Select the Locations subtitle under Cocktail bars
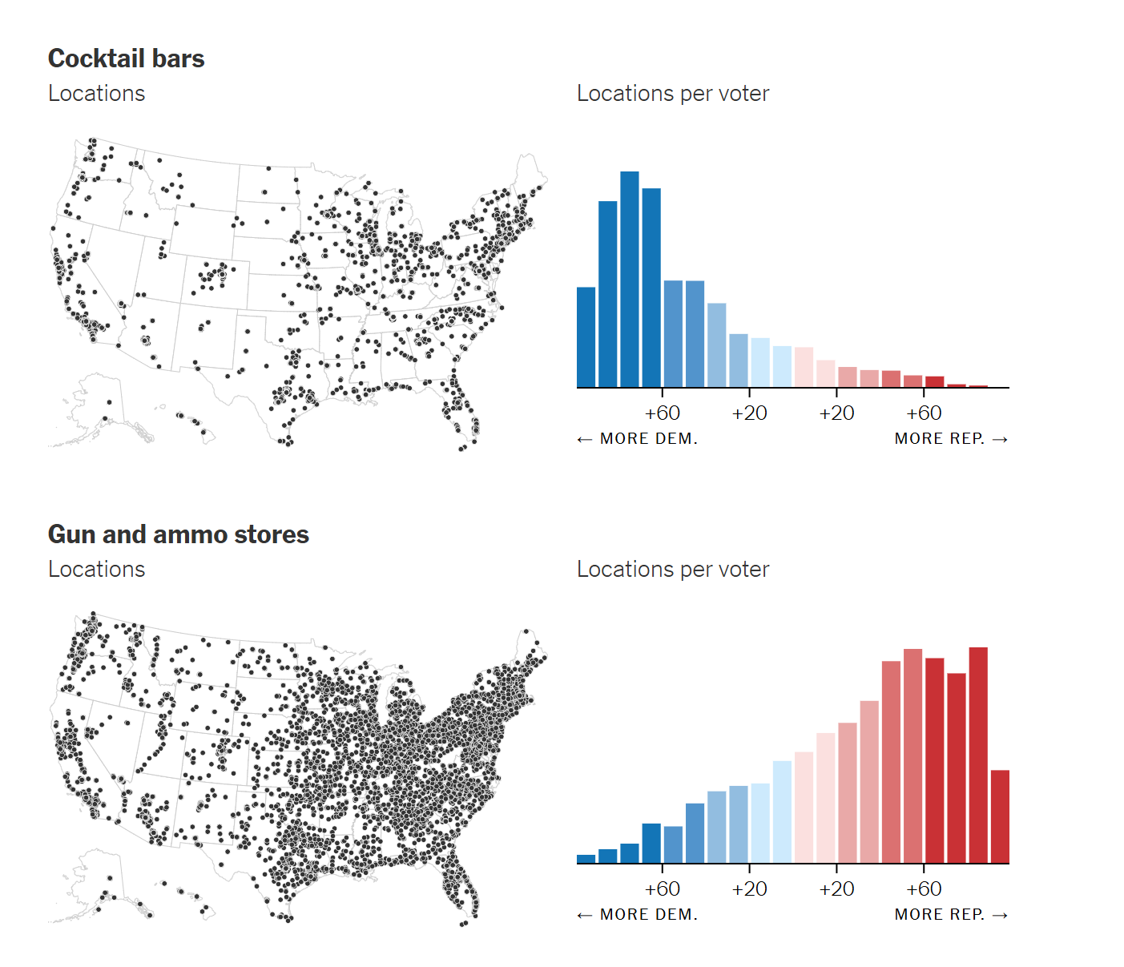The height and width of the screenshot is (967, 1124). pos(96,94)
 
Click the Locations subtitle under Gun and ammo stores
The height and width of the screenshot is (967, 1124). pos(96,570)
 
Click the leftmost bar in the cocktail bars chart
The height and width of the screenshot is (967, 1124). pos(586,337)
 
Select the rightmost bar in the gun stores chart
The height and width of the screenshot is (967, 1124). pos(1000,816)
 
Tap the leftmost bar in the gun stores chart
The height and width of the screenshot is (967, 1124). pos(586,859)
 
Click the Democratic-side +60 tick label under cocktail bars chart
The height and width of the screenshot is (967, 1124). pos(662,413)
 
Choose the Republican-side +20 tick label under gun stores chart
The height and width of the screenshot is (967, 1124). pos(836,889)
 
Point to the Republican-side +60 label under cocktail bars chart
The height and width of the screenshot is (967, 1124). pos(924,413)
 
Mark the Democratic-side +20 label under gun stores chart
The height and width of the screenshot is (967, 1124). pos(749,889)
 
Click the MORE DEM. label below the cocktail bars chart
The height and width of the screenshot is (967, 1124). pos(648,439)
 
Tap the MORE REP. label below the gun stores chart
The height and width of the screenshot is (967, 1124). pos(940,915)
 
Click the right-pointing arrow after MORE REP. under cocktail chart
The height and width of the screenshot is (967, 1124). pos(1000,439)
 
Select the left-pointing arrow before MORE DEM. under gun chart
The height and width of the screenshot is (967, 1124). pos(585,915)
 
